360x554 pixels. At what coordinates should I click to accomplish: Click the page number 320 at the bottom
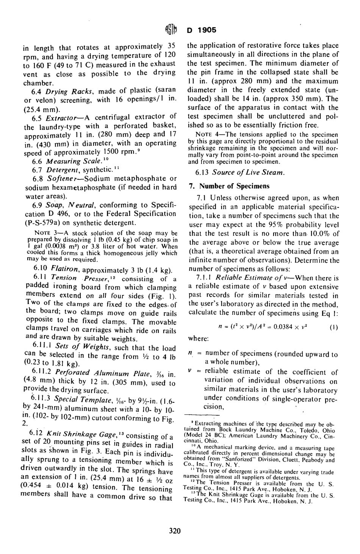pos(175,531)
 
